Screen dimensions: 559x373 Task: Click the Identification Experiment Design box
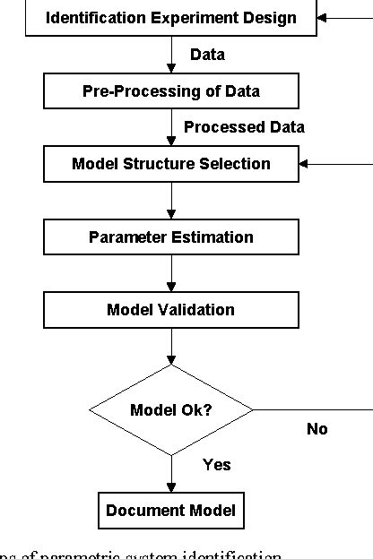coord(170,18)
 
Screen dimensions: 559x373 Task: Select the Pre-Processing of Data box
coord(170,90)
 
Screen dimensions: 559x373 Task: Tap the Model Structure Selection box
coord(170,164)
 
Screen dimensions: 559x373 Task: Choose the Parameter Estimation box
coord(170,237)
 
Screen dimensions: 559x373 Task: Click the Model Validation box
coord(170,310)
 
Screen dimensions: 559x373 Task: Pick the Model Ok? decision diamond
coord(170,410)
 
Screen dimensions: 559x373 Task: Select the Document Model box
coord(170,511)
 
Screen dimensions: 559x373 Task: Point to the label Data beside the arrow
coord(207,55)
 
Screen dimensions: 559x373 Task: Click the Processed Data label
coord(244,127)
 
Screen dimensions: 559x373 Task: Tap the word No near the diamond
coord(317,429)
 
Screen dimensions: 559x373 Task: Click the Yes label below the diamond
coord(216,465)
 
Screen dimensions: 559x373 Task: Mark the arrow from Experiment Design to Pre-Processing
coord(170,54)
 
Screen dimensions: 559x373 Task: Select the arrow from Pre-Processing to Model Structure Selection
coord(170,127)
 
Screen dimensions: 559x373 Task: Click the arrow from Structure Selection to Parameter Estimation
coord(170,201)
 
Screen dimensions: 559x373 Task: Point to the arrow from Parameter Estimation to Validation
coord(170,274)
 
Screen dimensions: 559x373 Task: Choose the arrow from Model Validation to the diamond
coord(170,346)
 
